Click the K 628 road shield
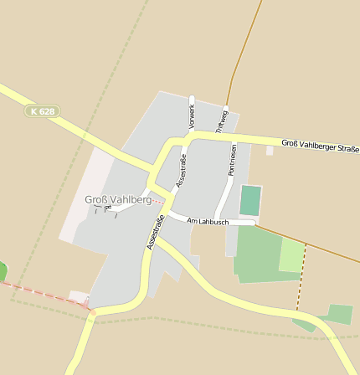tap(42, 110)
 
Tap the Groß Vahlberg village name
tap(118, 200)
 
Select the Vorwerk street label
tap(192, 116)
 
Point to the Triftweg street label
tap(222, 121)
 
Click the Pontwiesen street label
tap(232, 159)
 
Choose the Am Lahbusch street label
tap(207, 220)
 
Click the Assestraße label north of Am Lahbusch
tap(180, 171)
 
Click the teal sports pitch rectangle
tap(250, 201)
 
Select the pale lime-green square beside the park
tap(291, 255)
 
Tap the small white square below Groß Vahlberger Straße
tap(270, 152)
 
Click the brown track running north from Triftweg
tap(243, 50)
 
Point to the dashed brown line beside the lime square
tap(301, 276)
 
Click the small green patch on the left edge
tap(3, 272)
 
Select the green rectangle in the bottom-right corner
tap(339, 314)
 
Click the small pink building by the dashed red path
tap(79, 297)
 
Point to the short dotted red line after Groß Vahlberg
tap(158, 202)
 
